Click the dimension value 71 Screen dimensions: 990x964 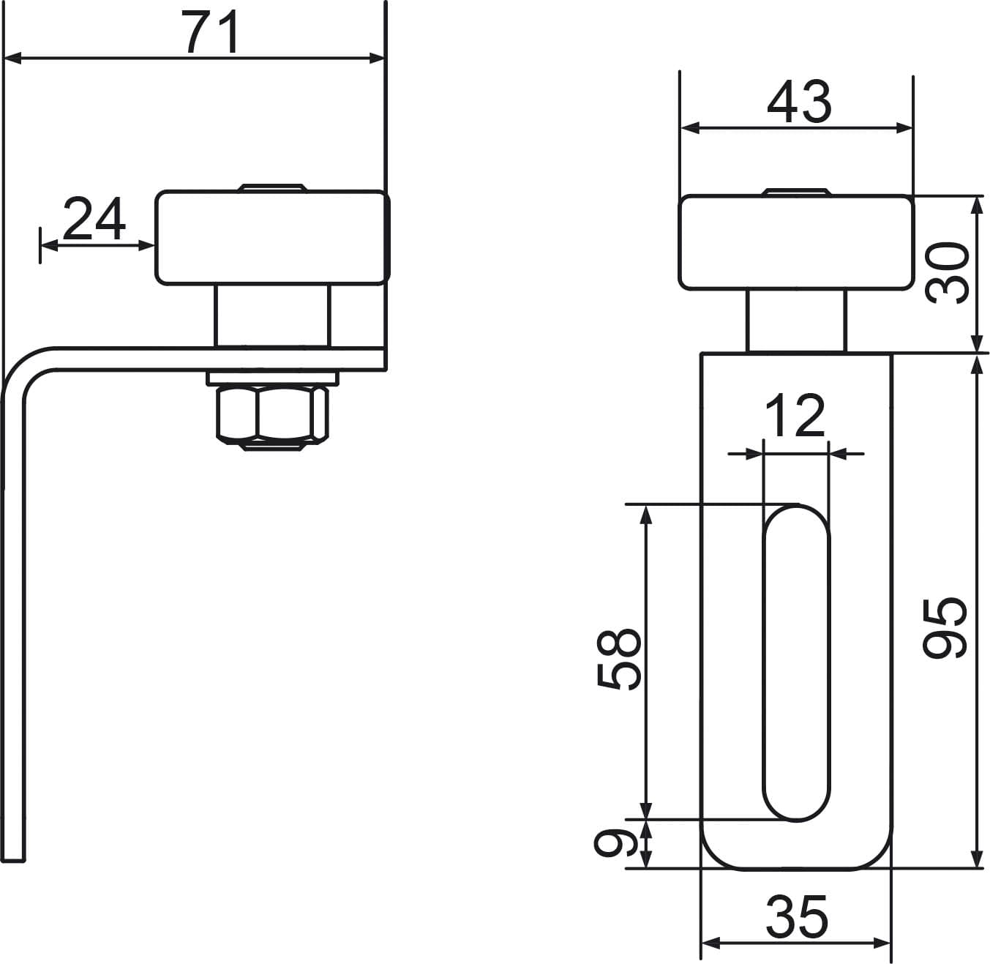pyautogui.click(x=212, y=31)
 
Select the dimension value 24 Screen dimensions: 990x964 pyautogui.click(x=94, y=219)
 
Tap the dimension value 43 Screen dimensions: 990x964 pyautogui.click(x=799, y=102)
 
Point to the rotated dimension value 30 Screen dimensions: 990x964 pyautogui.click(x=947, y=273)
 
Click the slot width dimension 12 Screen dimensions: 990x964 pyautogui.click(x=795, y=416)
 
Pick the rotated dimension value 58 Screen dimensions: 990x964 pyautogui.click(x=618, y=659)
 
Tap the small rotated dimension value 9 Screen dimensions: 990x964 pyautogui.click(x=615, y=842)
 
